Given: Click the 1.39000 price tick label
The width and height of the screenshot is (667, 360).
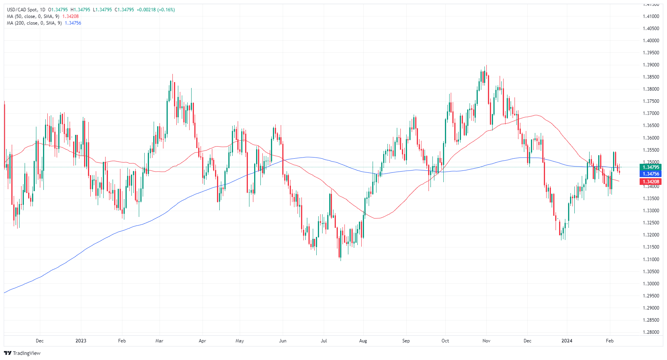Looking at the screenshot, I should pyautogui.click(x=651, y=65).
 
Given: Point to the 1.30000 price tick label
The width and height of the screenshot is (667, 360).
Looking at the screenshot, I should pyautogui.click(x=651, y=284).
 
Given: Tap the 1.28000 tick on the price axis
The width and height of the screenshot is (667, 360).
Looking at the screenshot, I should pyautogui.click(x=651, y=332).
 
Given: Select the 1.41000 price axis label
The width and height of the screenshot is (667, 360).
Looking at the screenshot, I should pyautogui.click(x=651, y=16).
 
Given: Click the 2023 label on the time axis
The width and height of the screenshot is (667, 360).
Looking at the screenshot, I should pyautogui.click(x=81, y=341).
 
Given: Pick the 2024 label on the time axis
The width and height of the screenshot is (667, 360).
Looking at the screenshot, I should pyautogui.click(x=567, y=341).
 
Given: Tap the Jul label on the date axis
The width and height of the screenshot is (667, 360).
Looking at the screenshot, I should pyautogui.click(x=324, y=341).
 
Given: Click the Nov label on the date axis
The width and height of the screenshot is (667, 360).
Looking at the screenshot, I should pyautogui.click(x=486, y=341).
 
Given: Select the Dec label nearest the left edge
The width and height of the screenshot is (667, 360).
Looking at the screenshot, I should pyautogui.click(x=39, y=341).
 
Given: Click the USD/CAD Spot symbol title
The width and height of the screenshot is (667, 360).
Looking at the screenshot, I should pyautogui.click(x=22, y=10).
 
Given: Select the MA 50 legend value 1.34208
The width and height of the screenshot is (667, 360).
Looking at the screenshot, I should pyautogui.click(x=70, y=16).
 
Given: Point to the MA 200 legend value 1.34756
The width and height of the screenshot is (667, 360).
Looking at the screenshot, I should pyautogui.click(x=73, y=23).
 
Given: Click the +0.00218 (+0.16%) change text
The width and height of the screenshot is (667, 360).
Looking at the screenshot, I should pyautogui.click(x=156, y=10).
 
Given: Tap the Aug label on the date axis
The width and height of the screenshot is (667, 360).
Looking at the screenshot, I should pyautogui.click(x=363, y=341).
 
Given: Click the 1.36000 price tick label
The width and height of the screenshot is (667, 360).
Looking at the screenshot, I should pyautogui.click(x=651, y=138).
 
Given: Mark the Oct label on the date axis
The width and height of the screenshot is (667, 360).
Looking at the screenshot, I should pyautogui.click(x=445, y=341).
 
